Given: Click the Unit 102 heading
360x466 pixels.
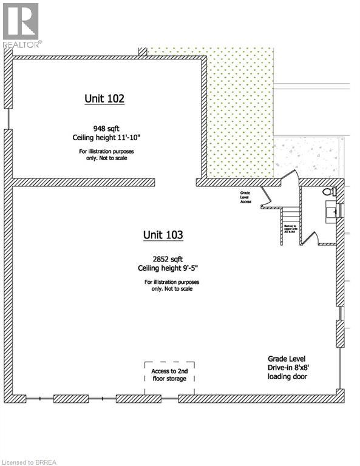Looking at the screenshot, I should click(x=104, y=98).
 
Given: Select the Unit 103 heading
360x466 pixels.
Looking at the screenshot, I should click(x=163, y=234).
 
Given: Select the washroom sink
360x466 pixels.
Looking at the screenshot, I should click(x=333, y=211).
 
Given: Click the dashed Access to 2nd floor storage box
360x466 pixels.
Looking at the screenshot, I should click(x=169, y=376).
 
